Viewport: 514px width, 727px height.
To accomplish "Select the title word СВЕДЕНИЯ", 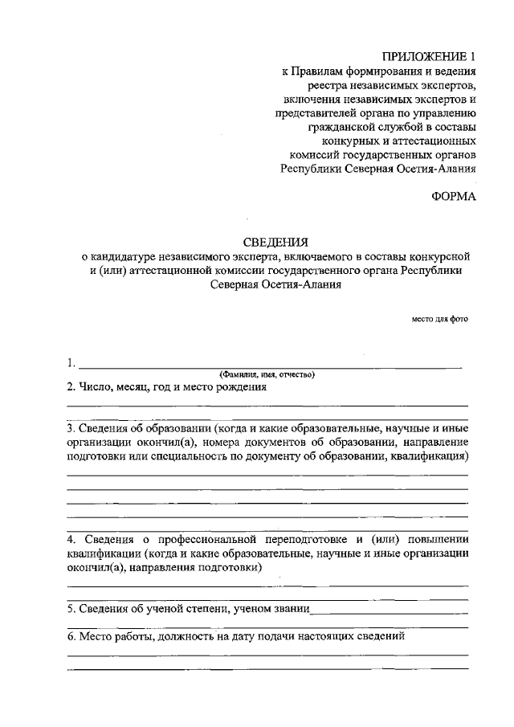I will pos(275,242).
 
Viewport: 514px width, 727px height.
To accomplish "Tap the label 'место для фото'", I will pos(439,319).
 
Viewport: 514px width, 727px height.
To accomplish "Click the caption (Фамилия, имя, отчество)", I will pos(267,374).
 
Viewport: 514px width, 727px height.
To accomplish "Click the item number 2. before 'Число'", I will pos(71,387).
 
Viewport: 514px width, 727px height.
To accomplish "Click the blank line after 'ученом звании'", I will pos(389,612).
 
